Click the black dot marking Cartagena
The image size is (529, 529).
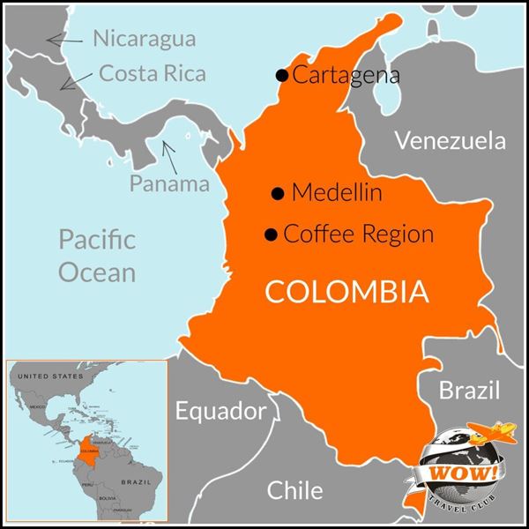coord(282,76)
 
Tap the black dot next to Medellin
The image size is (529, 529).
coord(278,192)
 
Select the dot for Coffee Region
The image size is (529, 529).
coord(272,235)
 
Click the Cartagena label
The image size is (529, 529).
coord(346,76)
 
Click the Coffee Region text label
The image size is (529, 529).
coord(359,235)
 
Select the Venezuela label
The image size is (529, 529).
coord(451,140)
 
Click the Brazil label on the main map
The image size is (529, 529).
coord(468,391)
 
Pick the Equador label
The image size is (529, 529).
coord(220,411)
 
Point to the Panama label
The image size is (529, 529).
coord(169,183)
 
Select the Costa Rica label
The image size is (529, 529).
coord(153,73)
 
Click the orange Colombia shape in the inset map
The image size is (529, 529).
coord(89,447)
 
